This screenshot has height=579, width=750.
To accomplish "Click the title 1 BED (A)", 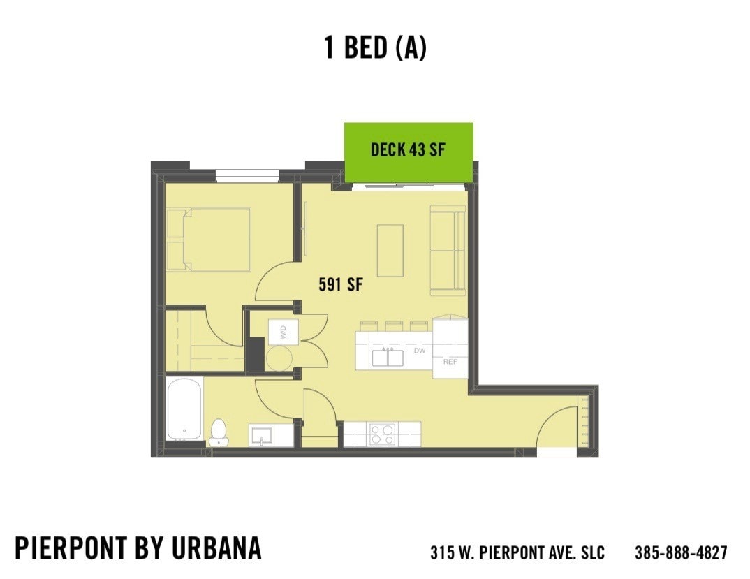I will click(x=375, y=47).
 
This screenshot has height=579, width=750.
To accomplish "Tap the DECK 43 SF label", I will click(x=408, y=149).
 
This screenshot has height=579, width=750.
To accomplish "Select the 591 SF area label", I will click(x=341, y=285).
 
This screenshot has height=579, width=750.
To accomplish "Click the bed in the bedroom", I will click(x=209, y=238).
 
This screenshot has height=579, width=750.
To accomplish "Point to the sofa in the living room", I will click(x=448, y=249).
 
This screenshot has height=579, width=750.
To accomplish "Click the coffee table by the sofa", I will click(x=390, y=250).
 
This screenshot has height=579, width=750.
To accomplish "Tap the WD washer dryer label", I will click(x=284, y=332).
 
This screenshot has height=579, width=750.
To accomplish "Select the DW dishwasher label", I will click(x=419, y=351).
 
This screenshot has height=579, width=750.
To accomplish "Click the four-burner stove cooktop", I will click(x=382, y=434).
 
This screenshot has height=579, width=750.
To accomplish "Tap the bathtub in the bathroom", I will click(x=184, y=409).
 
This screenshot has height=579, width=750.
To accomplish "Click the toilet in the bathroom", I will click(x=219, y=432).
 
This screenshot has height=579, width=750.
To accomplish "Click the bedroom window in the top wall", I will click(x=247, y=175).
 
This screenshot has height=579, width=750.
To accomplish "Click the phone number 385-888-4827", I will click(x=680, y=552).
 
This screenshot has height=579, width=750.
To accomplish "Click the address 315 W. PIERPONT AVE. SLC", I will click(x=517, y=552).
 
